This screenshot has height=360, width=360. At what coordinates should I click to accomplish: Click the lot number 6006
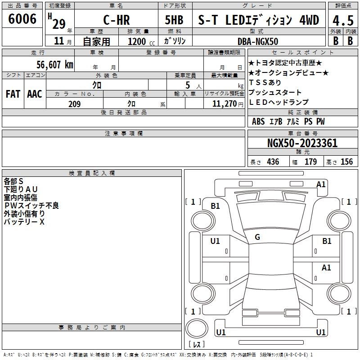[22, 19]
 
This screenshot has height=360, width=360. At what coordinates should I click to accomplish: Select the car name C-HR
[117, 20]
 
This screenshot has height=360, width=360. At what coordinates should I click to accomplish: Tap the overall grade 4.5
[343, 20]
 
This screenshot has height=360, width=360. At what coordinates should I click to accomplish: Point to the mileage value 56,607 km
[55, 64]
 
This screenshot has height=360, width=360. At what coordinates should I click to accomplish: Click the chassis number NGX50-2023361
[302, 143]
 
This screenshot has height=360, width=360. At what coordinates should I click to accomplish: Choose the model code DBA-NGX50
[257, 41]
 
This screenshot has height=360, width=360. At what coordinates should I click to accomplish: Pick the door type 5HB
[174, 20]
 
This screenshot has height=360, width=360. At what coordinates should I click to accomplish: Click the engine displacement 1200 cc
[141, 41]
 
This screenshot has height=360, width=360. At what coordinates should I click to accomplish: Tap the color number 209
[74, 104]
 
